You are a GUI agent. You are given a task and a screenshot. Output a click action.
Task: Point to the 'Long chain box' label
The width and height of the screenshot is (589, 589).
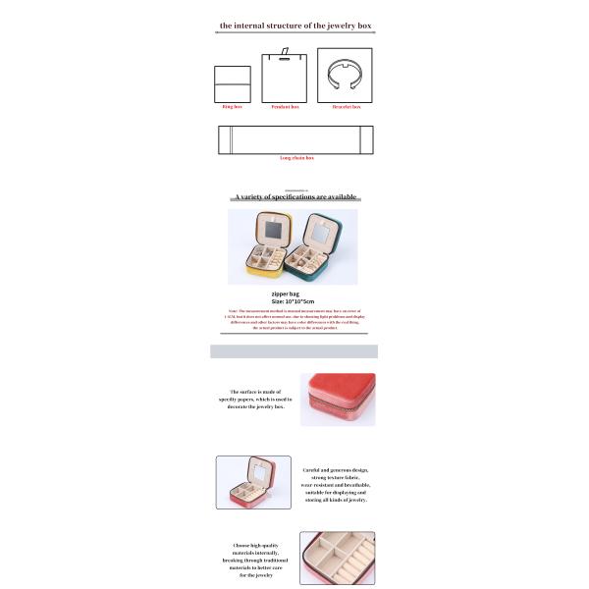click(295, 158)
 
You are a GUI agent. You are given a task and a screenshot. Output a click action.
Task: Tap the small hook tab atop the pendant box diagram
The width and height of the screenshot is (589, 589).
click(285, 51)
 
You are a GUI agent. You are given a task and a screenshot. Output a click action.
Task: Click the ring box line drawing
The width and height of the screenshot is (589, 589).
click(233, 85)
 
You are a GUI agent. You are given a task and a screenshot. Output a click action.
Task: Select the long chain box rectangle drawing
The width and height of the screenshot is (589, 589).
click(294, 139)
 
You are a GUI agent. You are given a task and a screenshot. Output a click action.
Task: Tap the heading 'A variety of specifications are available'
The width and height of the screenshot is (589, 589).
click(294, 197)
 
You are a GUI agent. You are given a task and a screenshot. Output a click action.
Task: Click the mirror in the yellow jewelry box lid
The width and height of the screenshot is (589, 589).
click(272, 233)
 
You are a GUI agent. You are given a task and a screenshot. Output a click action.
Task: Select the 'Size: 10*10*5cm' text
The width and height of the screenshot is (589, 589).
click(292, 302)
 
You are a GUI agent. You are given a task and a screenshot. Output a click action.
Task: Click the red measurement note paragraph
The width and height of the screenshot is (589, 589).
click(294, 320)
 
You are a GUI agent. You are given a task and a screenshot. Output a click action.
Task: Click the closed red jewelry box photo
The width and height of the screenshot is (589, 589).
click(338, 400)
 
